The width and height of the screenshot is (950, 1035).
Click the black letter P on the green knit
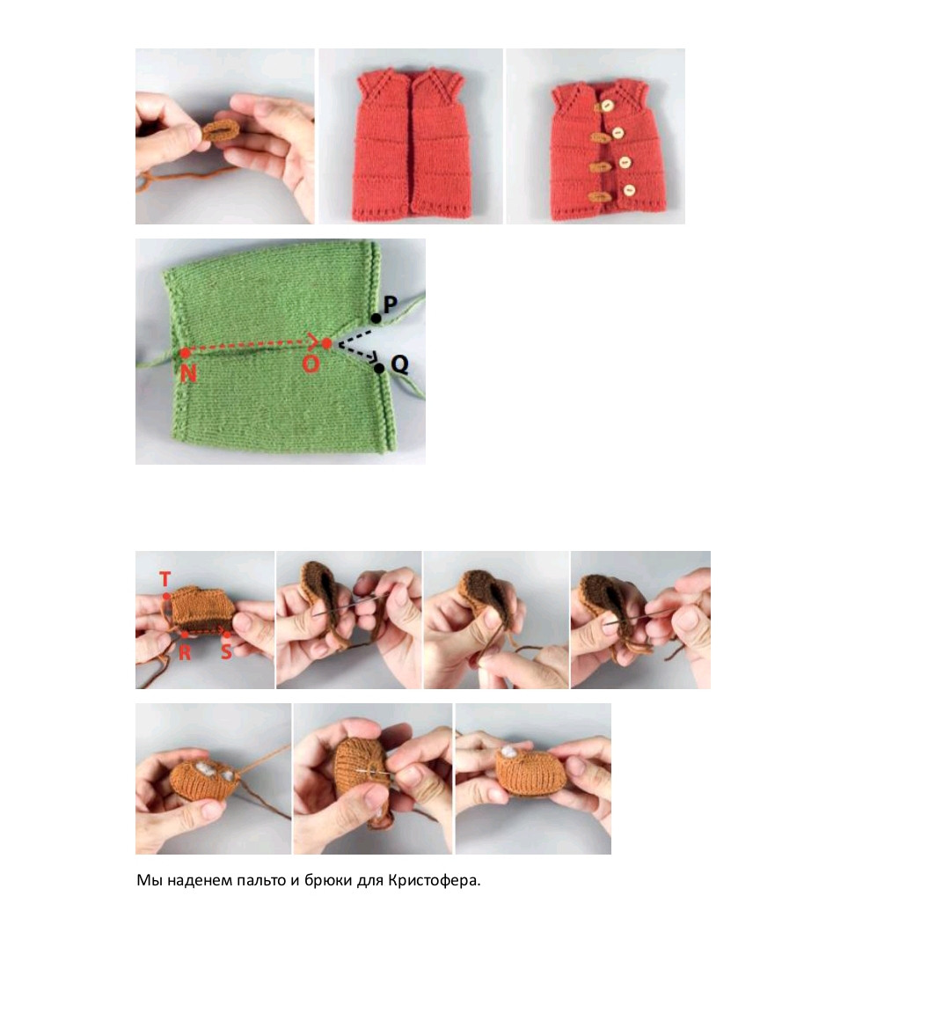point(390,304)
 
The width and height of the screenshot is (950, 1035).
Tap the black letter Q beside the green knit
point(399,363)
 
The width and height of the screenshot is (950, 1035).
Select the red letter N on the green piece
point(188,373)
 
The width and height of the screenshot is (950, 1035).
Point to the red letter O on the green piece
point(311,363)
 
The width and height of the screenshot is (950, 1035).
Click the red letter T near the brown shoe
point(165,579)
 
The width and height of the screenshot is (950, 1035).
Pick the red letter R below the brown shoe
point(185,652)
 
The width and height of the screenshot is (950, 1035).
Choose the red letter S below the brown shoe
point(226,651)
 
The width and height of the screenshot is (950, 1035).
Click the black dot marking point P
point(376,319)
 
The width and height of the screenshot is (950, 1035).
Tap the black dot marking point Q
point(379,368)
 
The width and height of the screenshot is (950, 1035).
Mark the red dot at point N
point(186,353)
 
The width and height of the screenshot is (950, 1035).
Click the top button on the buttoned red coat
point(606,106)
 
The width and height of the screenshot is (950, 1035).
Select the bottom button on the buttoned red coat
point(629,191)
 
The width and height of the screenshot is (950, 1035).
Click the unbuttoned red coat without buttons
point(411,144)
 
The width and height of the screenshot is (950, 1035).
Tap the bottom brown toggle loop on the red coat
point(599,196)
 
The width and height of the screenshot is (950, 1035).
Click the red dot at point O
point(326,343)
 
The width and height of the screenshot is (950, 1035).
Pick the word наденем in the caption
point(199,880)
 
